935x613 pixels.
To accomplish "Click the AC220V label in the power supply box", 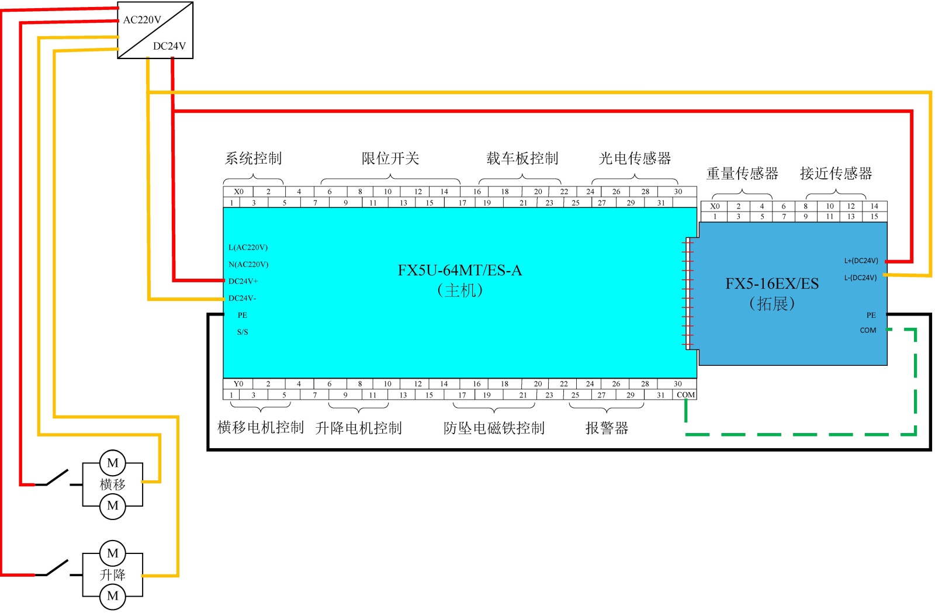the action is [142, 20].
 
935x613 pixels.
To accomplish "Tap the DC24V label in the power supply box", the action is [169, 46].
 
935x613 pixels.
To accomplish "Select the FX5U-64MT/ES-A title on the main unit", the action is [459, 271].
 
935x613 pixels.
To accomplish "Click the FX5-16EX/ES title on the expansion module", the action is [772, 284].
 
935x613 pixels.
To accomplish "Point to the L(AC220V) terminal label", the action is [248, 248].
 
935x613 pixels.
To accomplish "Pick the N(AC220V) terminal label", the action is [248, 265].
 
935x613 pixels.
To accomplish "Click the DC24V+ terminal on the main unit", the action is [243, 282].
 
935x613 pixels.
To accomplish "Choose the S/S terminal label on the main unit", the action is [243, 333].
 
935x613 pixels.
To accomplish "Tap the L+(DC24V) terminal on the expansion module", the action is [861, 261].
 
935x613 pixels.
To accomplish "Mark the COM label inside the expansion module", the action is [868, 331].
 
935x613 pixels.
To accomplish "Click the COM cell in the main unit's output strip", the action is [685, 395].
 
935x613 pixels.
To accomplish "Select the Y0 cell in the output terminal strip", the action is [238, 384].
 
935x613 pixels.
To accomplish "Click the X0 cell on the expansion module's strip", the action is [715, 206].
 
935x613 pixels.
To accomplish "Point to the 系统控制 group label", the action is [254, 158].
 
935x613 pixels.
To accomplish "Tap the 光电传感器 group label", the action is [635, 158].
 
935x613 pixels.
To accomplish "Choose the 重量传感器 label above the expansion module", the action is [742, 174].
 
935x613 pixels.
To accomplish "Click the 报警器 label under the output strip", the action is [607, 428].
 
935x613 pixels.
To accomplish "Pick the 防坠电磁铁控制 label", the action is [494, 428].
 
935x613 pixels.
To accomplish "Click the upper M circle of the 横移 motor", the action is [113, 463].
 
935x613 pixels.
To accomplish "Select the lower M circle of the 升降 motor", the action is [113, 596].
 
